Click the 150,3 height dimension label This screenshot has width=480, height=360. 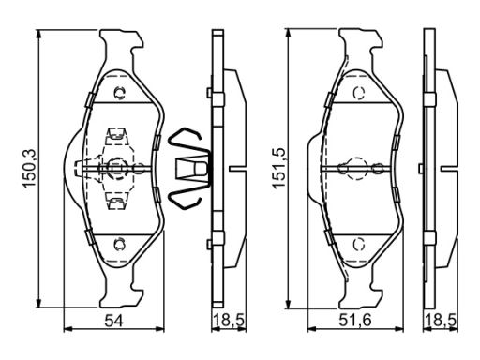click(x=31, y=169)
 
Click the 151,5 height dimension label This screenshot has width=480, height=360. click(x=278, y=168)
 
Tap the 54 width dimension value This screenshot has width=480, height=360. click(x=113, y=321)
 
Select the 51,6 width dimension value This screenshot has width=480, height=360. click(x=355, y=321)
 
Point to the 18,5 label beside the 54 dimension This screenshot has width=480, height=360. click(x=229, y=321)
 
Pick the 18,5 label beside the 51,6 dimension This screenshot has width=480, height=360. click(x=441, y=321)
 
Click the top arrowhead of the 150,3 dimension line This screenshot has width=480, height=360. click(x=38, y=34)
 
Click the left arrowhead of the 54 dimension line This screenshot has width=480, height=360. click(x=67, y=329)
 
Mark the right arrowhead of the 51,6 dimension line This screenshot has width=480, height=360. click(x=399, y=329)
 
